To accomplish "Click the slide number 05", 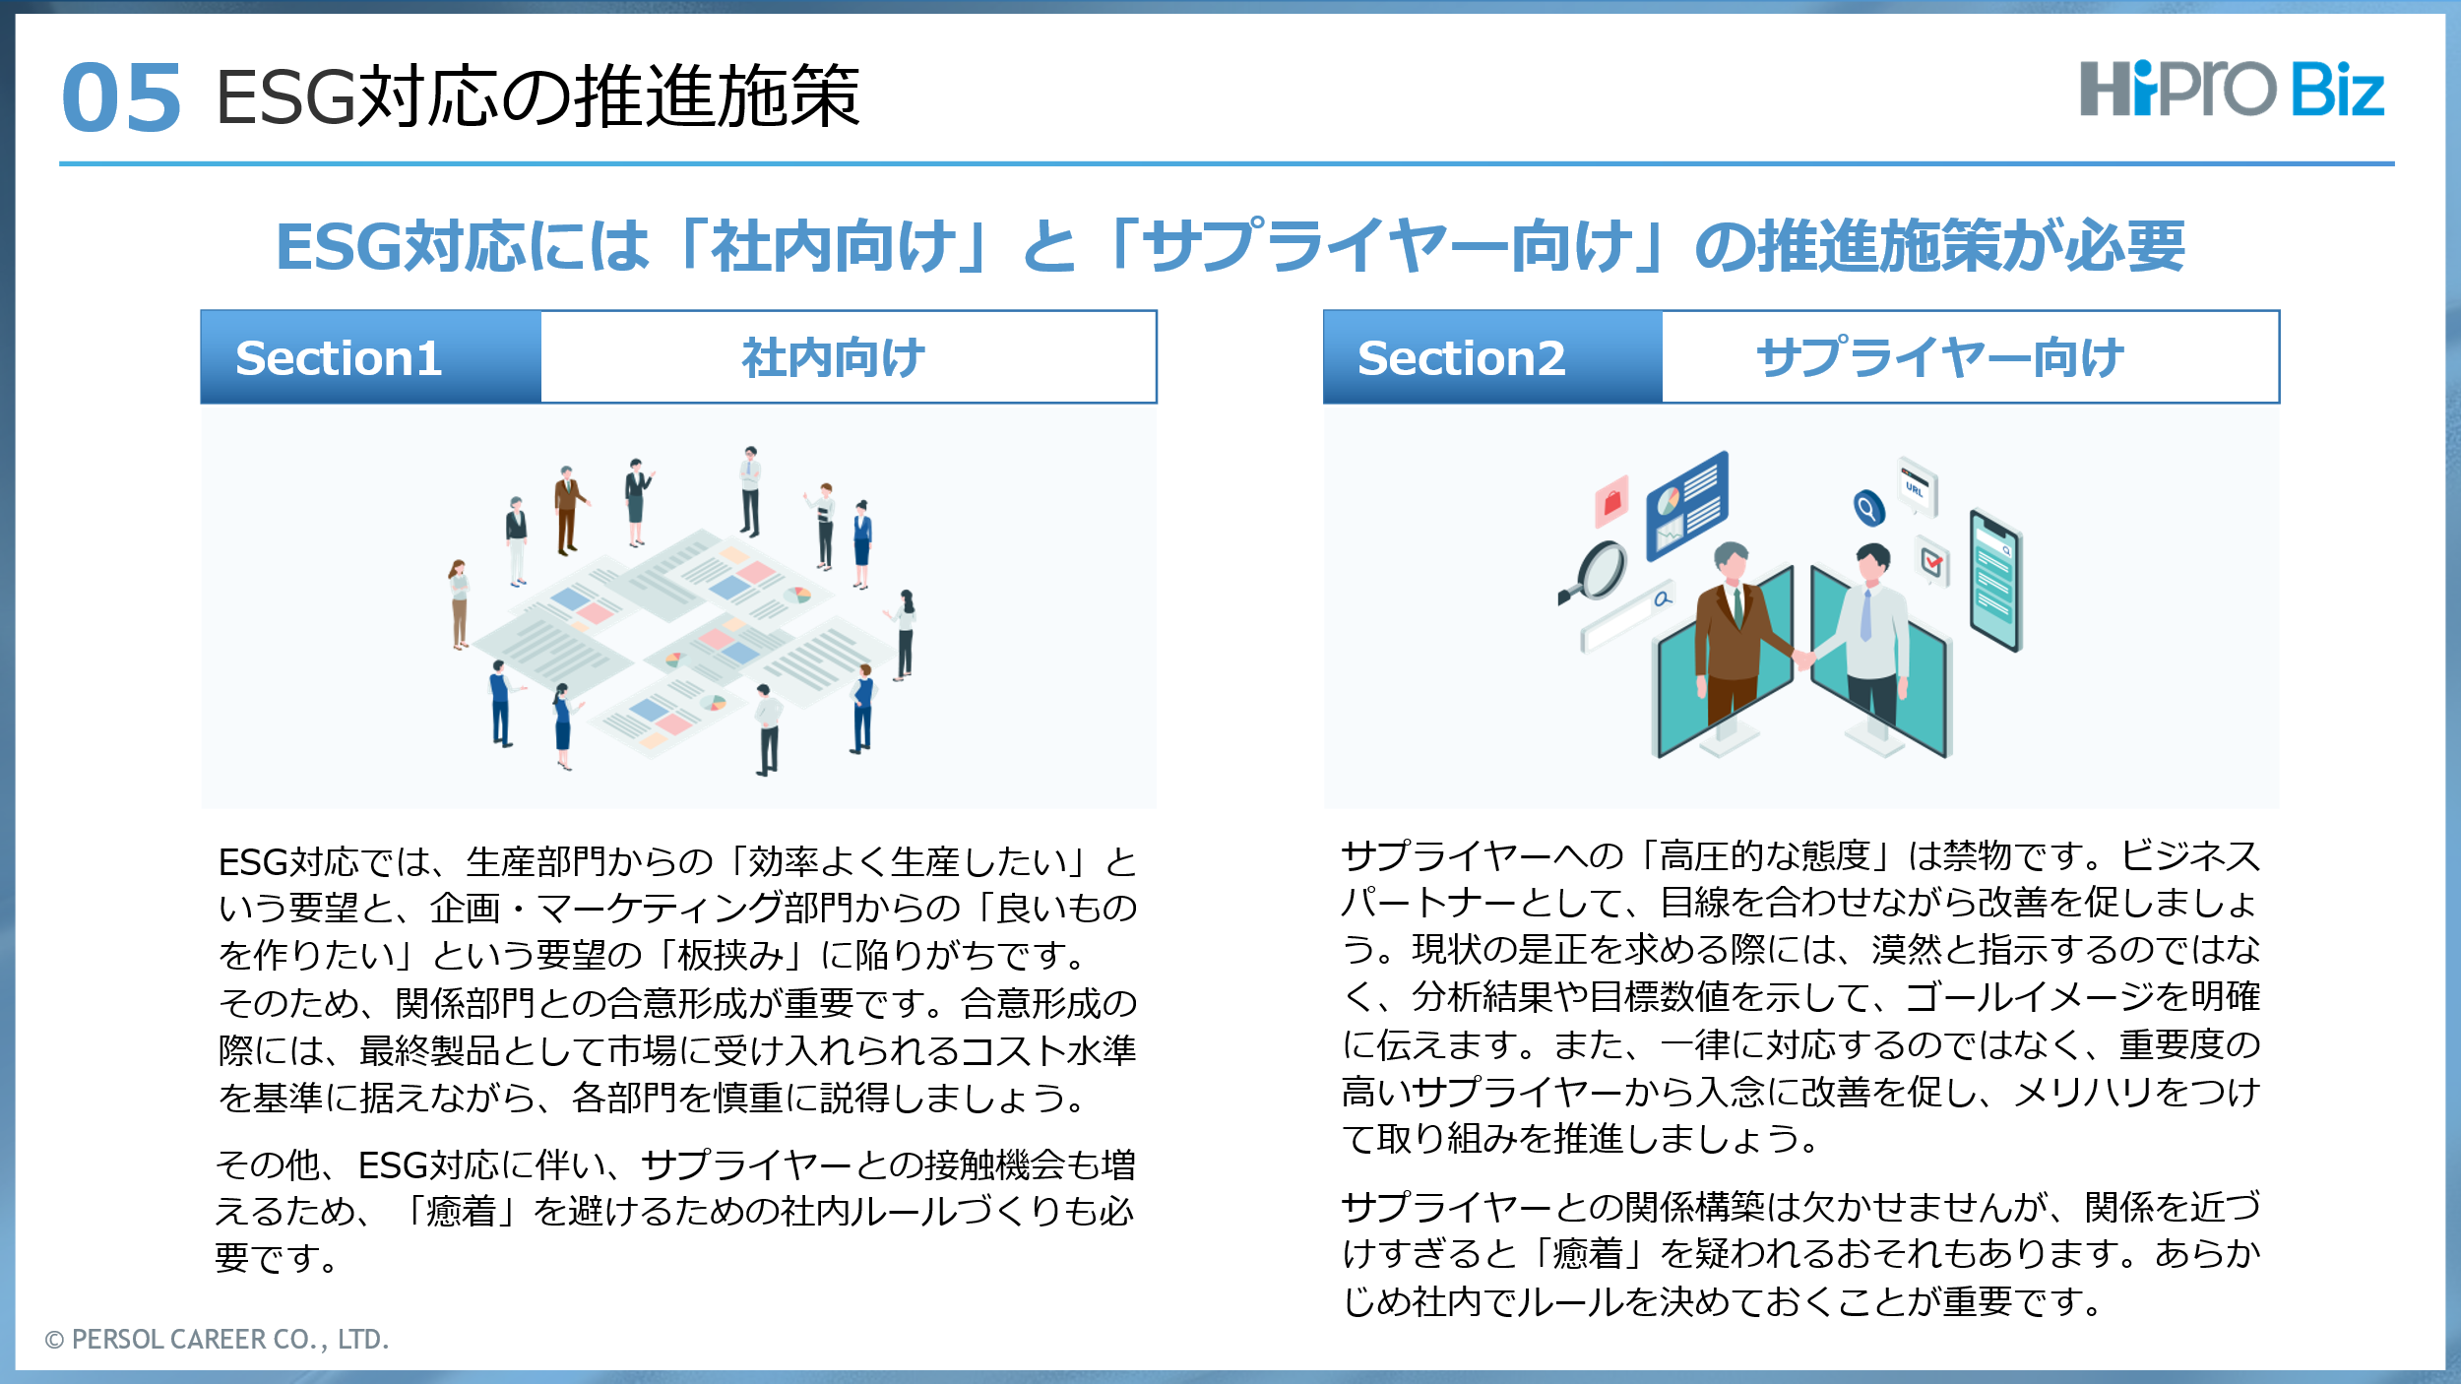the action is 121,97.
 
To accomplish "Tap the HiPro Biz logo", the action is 2232,89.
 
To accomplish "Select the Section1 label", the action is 339,357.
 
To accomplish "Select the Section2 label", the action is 1461,357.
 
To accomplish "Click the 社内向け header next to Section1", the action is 834,357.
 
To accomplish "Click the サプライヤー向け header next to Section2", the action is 1940,357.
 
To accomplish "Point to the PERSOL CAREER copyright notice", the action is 217,1339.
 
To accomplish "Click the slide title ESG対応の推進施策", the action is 537,96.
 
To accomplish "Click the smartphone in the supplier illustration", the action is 1995,580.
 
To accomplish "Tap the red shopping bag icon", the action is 1612,501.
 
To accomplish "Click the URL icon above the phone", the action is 1918,485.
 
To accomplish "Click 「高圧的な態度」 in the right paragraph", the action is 1766,855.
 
